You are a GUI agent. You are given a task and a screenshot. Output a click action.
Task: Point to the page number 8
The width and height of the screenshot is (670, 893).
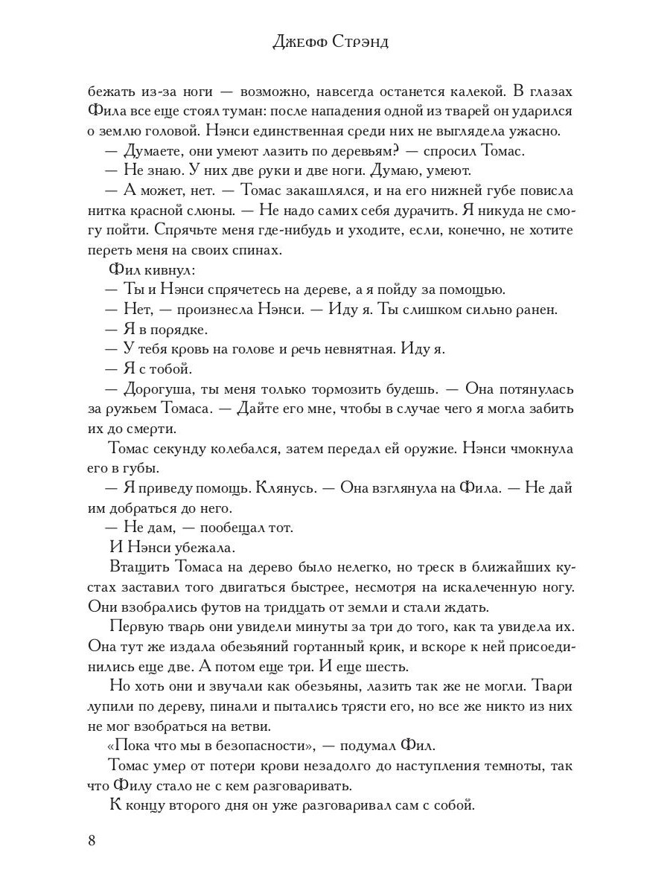92,841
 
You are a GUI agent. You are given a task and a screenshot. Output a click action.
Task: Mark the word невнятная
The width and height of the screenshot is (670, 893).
345,348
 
